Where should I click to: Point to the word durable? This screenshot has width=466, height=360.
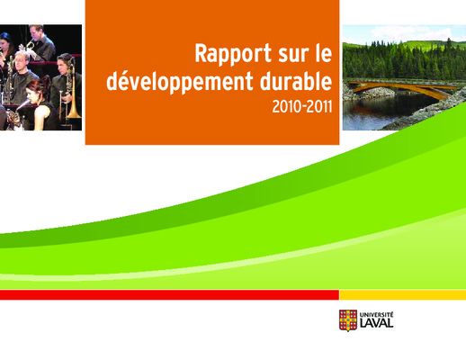(296, 81)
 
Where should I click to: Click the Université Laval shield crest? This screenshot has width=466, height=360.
(348, 320)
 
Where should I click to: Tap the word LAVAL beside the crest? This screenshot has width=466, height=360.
(376, 323)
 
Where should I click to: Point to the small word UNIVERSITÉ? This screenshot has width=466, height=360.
(376, 315)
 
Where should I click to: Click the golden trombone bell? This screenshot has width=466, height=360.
(74, 112)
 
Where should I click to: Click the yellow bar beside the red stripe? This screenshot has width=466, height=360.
(403, 295)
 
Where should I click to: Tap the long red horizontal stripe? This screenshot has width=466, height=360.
(170, 295)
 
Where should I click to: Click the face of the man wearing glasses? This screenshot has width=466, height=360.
(21, 64)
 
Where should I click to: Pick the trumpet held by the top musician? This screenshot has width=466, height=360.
(29, 46)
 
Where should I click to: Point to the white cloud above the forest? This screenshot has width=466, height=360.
(411, 31)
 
